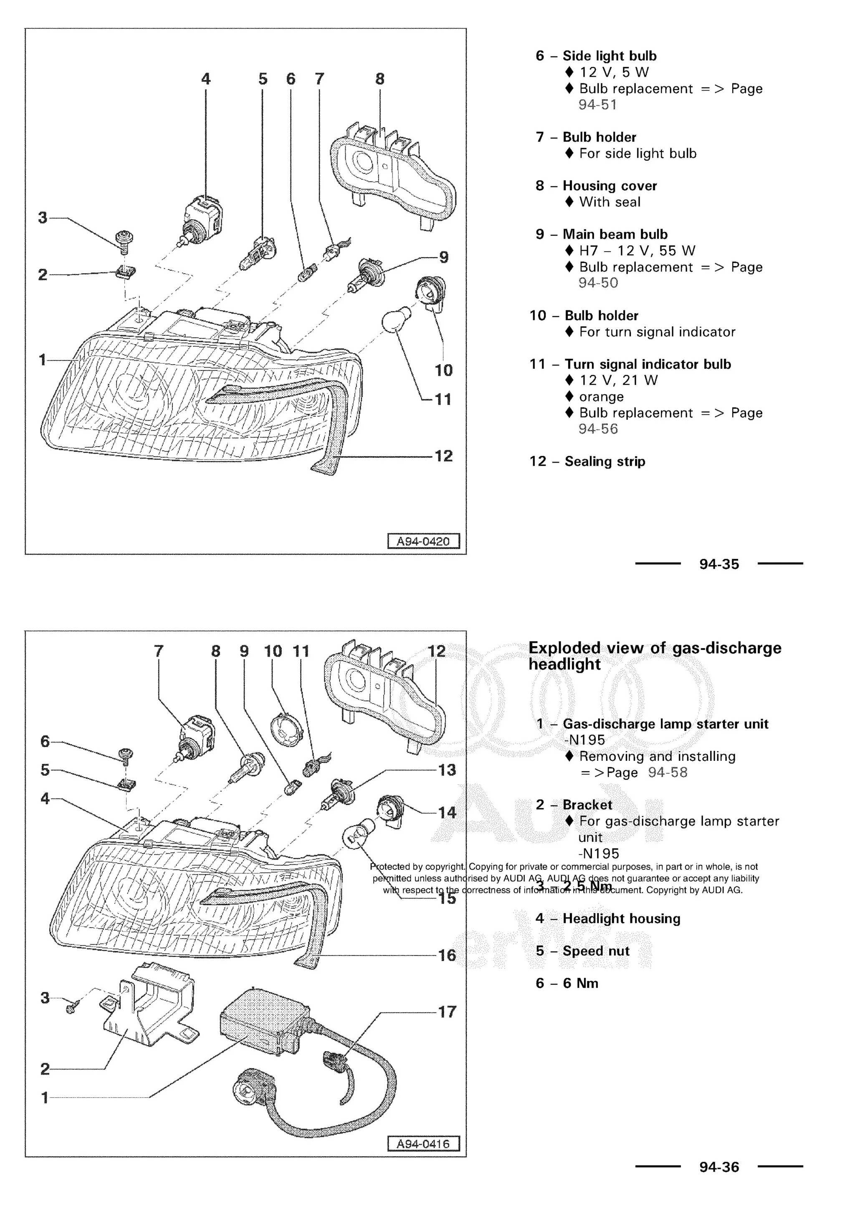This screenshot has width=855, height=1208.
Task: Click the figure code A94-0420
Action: (423, 541)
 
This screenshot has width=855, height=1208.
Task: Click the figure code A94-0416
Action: (423, 1144)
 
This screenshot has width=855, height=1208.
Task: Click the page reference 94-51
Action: (597, 105)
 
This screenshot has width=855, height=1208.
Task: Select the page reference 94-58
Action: (668, 773)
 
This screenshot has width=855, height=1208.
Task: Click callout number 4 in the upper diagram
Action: (205, 79)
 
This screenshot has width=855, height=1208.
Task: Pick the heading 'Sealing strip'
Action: (605, 461)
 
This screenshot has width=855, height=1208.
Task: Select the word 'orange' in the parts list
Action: (601, 397)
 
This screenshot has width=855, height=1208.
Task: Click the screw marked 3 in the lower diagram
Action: (72, 1007)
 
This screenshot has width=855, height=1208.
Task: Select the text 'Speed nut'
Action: (596, 951)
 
